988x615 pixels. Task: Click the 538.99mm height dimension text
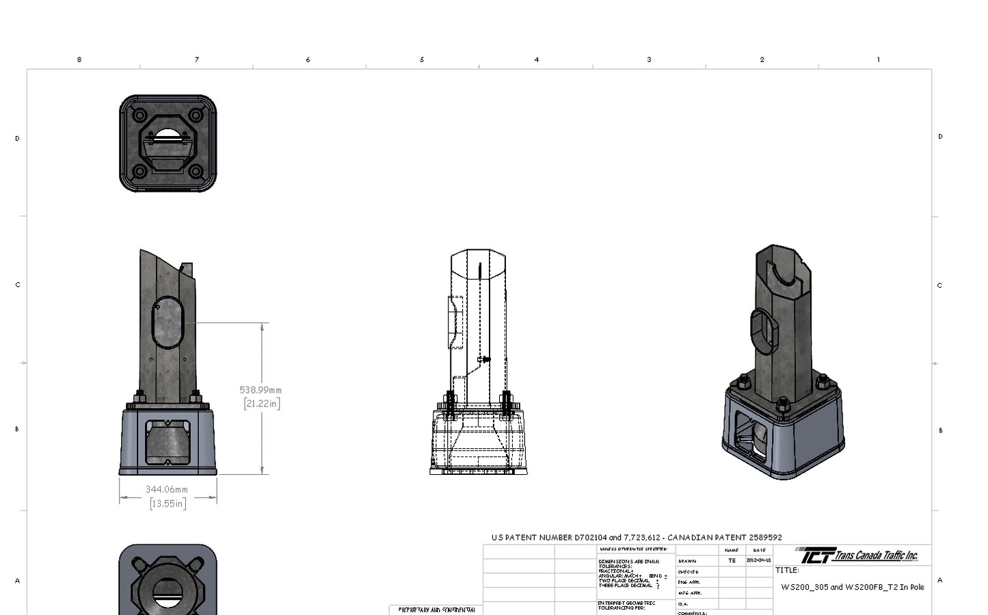tap(261, 390)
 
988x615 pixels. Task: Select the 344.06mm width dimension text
tap(167, 489)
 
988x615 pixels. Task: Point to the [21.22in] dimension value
tap(261, 404)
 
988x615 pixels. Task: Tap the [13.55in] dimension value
tap(168, 504)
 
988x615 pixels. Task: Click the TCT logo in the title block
tap(814, 555)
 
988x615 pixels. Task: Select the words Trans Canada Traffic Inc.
tap(876, 556)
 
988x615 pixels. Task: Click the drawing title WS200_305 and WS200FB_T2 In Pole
tap(852, 587)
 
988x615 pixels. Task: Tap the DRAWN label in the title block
tap(687, 561)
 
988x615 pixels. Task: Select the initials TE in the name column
tap(732, 561)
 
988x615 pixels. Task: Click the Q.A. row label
tap(682, 604)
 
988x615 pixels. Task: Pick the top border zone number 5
tap(422, 60)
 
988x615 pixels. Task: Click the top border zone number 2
tap(762, 60)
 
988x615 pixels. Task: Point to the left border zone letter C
tap(18, 285)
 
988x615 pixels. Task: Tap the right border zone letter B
tap(940, 430)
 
